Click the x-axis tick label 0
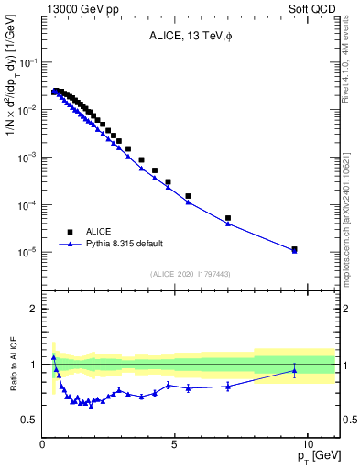pos(43,444)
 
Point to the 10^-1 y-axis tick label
pos(28,62)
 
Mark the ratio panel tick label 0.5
pos(30,420)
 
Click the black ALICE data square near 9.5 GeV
pos(294,248)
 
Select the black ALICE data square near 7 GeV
pos(228,218)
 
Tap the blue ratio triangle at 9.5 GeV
pos(294,370)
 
